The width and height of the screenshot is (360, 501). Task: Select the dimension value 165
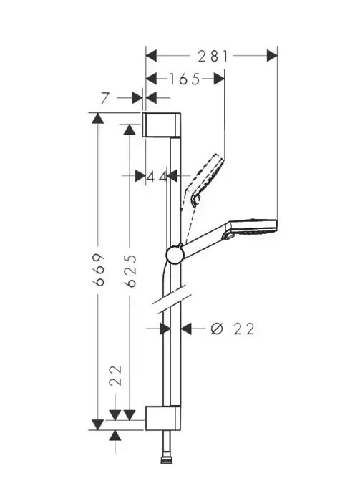(x=185, y=79)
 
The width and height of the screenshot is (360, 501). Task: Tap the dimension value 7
(x=105, y=98)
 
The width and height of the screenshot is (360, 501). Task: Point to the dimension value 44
(x=157, y=176)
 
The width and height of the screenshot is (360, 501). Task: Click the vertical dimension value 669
(x=99, y=270)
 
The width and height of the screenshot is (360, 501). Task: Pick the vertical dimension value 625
(x=130, y=270)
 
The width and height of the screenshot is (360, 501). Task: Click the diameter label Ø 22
(x=233, y=329)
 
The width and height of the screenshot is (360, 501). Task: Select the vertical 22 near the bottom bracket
(x=115, y=375)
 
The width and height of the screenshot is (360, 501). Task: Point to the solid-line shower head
(x=253, y=226)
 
